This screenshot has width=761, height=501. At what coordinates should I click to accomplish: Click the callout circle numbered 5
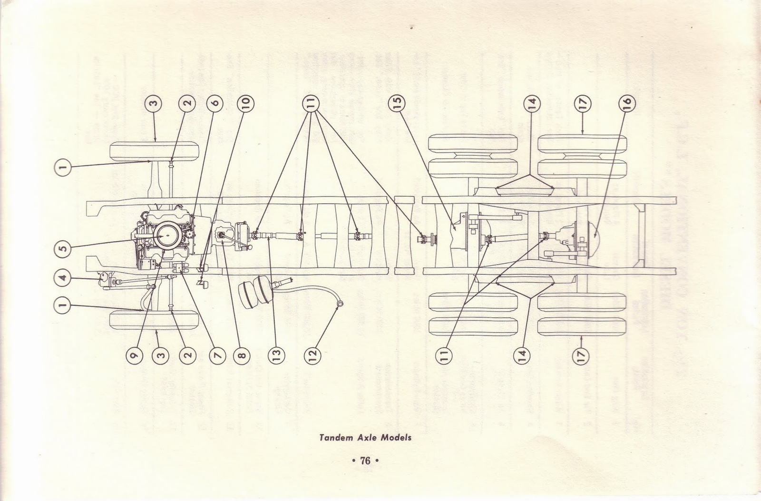tap(64, 247)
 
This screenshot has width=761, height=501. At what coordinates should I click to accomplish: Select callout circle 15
tap(397, 103)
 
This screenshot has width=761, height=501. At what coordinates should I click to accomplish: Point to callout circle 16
tap(626, 103)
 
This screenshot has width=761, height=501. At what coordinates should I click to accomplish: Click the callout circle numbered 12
tap(312, 354)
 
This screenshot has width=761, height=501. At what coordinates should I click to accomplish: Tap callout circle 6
tap(215, 103)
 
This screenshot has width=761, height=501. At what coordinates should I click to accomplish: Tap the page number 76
tap(365, 461)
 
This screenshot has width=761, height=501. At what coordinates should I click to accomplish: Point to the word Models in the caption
tap(397, 437)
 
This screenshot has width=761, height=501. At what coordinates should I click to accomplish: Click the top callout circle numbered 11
tap(312, 103)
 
